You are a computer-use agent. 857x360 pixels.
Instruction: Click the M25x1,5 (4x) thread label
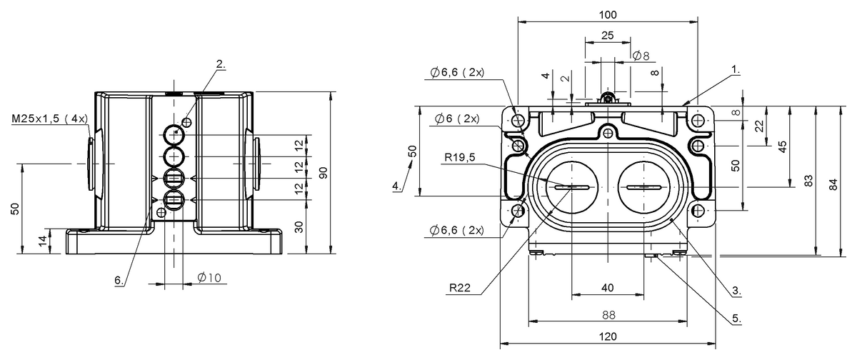click(50, 119)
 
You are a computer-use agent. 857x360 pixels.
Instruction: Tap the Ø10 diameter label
click(209, 277)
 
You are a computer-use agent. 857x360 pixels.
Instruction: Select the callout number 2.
click(221, 64)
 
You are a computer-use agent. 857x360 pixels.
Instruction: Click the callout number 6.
click(119, 281)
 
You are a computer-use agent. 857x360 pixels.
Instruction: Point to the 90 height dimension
click(324, 173)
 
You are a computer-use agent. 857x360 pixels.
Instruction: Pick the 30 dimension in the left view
click(299, 227)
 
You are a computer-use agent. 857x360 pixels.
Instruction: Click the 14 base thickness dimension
click(43, 240)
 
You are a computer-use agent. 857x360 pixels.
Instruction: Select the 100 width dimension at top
click(608, 15)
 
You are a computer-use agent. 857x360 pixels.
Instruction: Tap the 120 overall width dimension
click(608, 336)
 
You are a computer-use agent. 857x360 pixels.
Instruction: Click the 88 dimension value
click(608, 315)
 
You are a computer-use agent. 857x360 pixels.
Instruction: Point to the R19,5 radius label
click(460, 157)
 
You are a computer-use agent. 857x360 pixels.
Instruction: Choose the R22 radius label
click(459, 288)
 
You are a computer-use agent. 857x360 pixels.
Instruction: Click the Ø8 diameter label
click(641, 56)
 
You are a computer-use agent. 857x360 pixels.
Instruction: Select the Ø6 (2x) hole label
click(457, 119)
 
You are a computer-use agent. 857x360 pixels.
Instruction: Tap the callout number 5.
click(736, 319)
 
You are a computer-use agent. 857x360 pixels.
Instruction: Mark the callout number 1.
click(736, 69)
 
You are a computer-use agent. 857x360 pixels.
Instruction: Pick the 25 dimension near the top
click(608, 36)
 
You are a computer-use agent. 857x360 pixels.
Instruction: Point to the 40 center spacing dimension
click(608, 288)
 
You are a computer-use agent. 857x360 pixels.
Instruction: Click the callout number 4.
click(397, 186)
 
